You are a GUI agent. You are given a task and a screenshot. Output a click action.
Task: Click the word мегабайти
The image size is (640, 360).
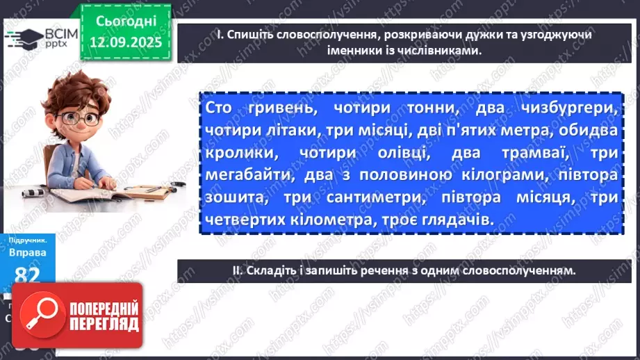click(243, 175)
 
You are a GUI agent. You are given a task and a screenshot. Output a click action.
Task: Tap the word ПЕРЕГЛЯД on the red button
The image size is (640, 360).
click(102, 325)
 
